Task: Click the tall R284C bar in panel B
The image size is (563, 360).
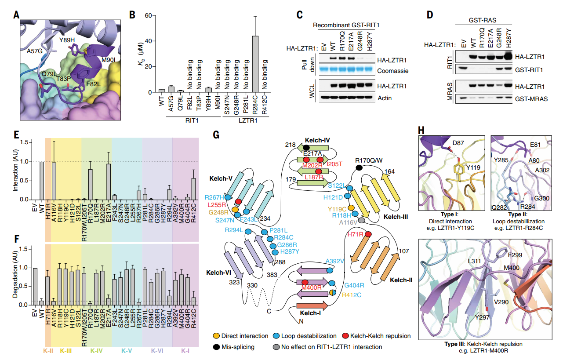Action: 255,64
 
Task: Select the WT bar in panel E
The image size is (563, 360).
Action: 42,181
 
